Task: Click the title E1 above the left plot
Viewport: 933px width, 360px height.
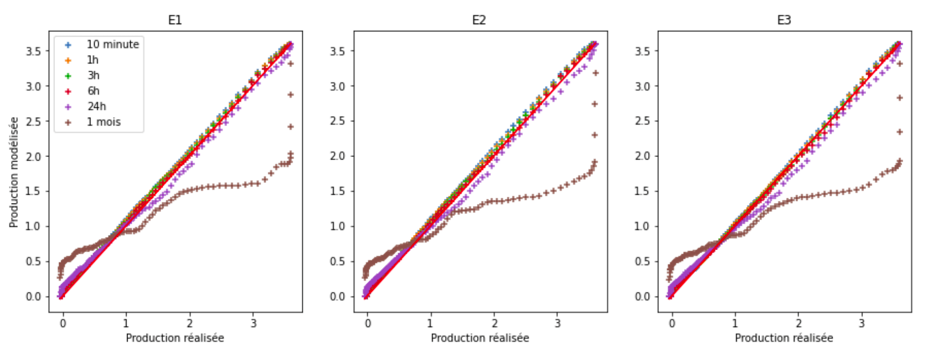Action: [175, 20]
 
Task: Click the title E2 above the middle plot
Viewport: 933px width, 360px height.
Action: [479, 20]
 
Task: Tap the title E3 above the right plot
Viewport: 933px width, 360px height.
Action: [784, 20]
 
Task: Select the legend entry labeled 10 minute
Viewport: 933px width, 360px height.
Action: [112, 44]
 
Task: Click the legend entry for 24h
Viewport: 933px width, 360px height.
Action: [96, 106]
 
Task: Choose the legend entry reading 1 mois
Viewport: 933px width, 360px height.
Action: [104, 122]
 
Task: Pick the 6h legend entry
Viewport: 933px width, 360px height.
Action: [93, 91]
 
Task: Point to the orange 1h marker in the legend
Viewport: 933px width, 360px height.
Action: [68, 60]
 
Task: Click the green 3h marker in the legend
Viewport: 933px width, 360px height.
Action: [68, 76]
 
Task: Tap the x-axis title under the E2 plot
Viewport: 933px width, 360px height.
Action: [480, 338]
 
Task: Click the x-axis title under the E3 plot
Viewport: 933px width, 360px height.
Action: [784, 338]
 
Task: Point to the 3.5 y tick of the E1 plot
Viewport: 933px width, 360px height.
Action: [33, 51]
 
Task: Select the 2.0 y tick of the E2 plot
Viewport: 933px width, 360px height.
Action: [338, 156]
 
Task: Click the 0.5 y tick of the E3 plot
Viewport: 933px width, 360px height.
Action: [643, 261]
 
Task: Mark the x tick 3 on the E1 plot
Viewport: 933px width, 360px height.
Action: [253, 323]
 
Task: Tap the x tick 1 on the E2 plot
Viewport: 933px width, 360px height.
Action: [430, 323]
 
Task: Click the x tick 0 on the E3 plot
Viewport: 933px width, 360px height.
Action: [672, 323]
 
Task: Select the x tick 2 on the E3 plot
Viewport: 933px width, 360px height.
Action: [799, 323]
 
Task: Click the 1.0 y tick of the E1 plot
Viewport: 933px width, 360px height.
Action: [33, 226]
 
